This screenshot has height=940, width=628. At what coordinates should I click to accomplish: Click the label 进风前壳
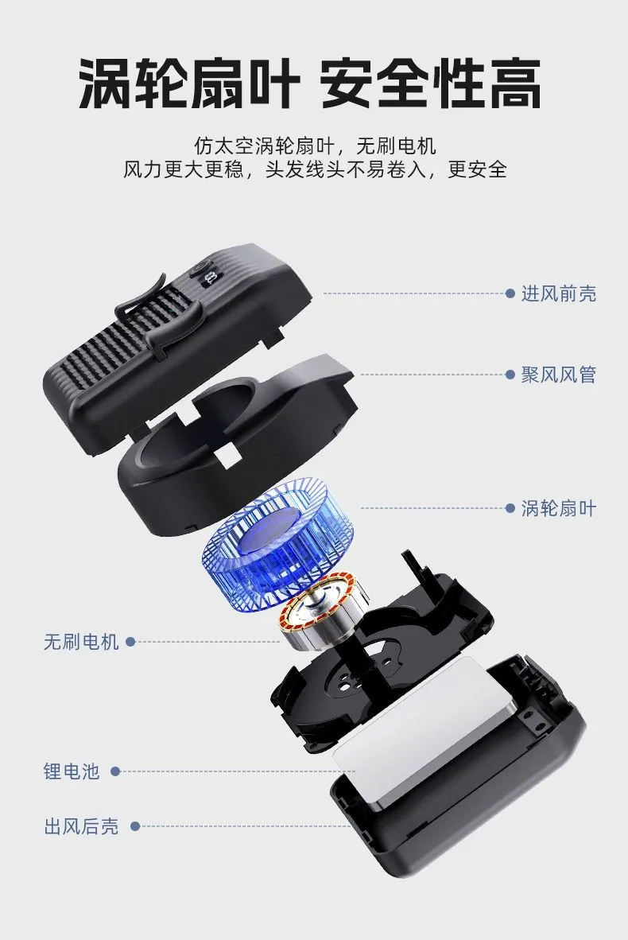pos(559,293)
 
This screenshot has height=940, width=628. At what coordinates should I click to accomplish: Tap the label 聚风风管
pos(559,375)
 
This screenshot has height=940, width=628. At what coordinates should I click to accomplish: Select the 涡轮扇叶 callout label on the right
pos(559,509)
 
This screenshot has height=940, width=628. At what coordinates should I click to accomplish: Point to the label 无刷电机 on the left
pos(82,642)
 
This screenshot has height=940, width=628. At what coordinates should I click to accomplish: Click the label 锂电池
pos(72,771)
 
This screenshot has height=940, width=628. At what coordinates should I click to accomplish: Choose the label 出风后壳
pos(82,827)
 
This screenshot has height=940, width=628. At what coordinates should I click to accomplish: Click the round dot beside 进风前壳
pos(510,293)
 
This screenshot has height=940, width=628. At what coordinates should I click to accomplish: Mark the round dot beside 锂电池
pos(115,771)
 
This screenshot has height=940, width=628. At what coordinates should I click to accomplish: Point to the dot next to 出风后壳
pos(135,827)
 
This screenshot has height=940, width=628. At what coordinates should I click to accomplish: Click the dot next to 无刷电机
pos(130,642)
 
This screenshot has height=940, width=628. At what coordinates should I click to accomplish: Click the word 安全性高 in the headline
pos(431,84)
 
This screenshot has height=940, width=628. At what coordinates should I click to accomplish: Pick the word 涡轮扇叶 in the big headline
pos(189,84)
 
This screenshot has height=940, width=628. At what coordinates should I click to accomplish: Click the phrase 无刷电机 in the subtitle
pos(396,146)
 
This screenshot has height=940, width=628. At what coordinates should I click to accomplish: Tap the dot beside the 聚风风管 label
pos(510,375)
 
